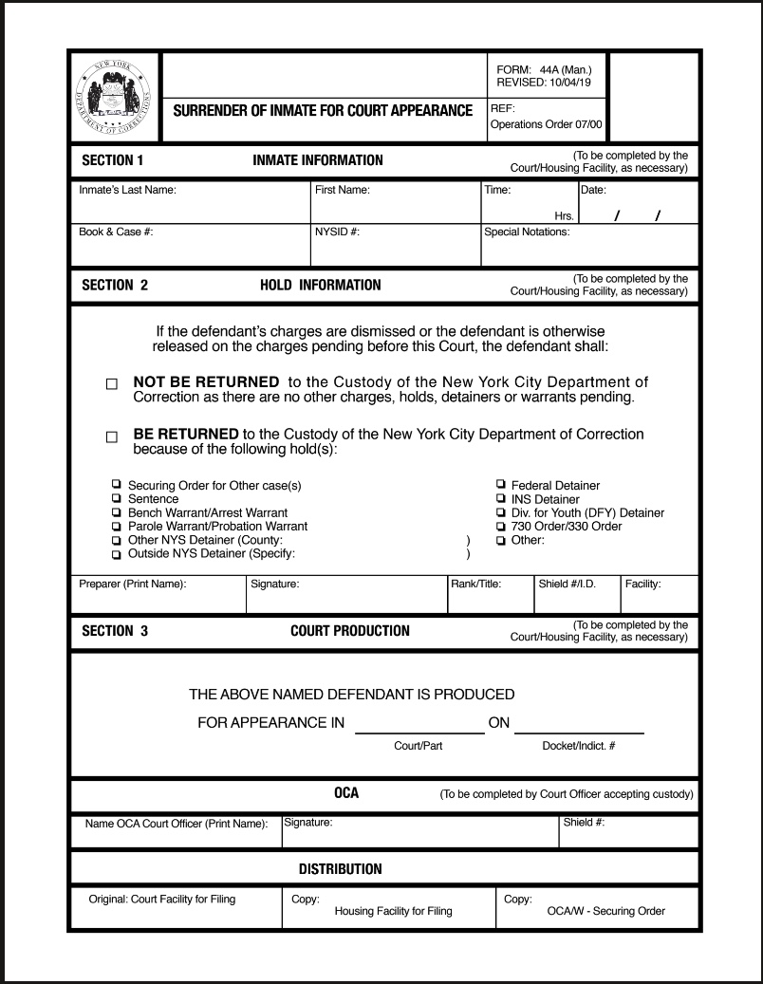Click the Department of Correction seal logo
[117, 100]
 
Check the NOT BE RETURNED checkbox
[112, 384]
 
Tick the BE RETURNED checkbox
[112, 437]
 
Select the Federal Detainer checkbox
[501, 485]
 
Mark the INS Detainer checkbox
[501, 499]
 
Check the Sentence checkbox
[117, 498]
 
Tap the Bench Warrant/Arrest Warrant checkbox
[117, 512]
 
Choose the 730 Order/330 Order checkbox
[501, 526]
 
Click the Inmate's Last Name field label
[128, 190]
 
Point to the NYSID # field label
[337, 231]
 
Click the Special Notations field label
[528, 231]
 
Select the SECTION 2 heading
[115, 285]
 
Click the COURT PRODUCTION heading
[350, 631]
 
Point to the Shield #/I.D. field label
[567, 584]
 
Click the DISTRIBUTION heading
[340, 868]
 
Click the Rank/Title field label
[476, 584]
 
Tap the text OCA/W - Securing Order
[605, 911]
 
